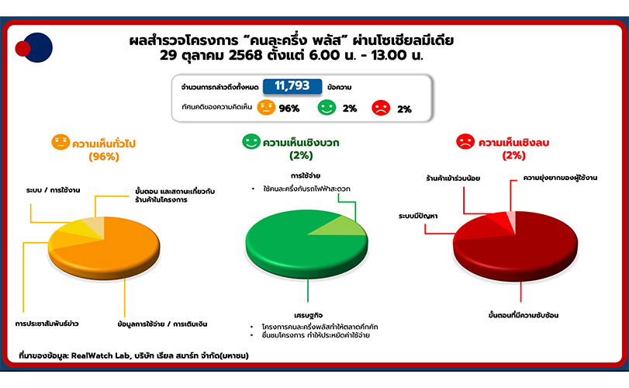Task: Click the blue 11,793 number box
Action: click(x=292, y=86)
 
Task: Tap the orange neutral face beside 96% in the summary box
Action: click(x=266, y=108)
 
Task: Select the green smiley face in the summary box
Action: click(x=327, y=108)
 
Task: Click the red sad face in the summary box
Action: click(x=381, y=108)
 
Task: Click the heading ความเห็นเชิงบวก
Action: click(x=300, y=143)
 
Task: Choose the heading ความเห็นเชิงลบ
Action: click(x=513, y=143)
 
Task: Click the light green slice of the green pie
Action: click(x=341, y=227)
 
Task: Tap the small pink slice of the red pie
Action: click(x=511, y=220)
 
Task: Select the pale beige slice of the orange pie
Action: click(x=95, y=226)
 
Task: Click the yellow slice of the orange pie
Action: click(x=74, y=230)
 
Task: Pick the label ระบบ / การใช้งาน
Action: click(x=54, y=190)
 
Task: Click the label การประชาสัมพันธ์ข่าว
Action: click(x=47, y=324)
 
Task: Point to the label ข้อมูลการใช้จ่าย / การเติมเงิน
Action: click(x=162, y=324)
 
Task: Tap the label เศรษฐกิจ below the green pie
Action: click(x=308, y=315)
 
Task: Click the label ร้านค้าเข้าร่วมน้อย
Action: click(x=453, y=178)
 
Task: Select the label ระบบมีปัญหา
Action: click(x=418, y=216)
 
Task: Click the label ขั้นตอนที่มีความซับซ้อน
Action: click(x=524, y=315)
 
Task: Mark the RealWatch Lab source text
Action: click(x=133, y=355)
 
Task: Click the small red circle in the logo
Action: click(x=22, y=49)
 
